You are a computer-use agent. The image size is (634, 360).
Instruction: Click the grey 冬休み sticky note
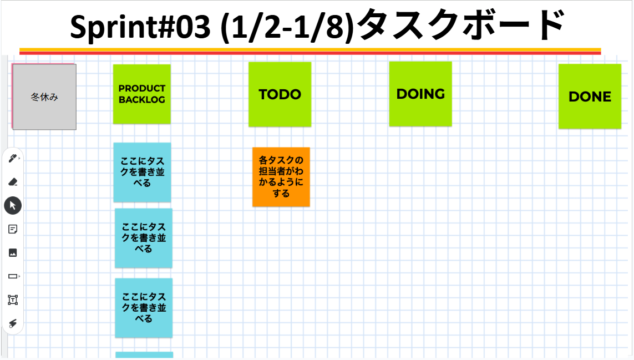[44, 97]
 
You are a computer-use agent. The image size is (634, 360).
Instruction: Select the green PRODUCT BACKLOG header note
[142, 94]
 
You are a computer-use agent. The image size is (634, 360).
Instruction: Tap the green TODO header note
[280, 94]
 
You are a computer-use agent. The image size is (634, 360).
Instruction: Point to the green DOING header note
[420, 94]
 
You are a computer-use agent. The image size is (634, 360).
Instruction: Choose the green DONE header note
[590, 97]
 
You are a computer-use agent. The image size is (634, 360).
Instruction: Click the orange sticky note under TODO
[281, 177]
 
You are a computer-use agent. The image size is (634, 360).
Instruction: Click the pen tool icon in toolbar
[13, 159]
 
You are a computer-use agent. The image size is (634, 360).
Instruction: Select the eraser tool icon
[13, 182]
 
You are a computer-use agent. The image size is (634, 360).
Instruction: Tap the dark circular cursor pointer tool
[13, 205]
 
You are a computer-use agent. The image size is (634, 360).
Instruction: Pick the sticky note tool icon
[13, 229]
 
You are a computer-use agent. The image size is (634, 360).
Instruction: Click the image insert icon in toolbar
[13, 252]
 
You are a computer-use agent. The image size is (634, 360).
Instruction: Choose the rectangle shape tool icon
[13, 276]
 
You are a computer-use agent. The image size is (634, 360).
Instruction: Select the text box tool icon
[13, 300]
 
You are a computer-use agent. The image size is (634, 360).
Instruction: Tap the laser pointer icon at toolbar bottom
[13, 323]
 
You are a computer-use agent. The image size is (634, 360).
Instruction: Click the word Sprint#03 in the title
[140, 27]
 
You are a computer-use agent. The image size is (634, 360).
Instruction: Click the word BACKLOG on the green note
[142, 100]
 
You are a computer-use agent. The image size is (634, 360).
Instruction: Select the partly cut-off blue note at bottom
[144, 355]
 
